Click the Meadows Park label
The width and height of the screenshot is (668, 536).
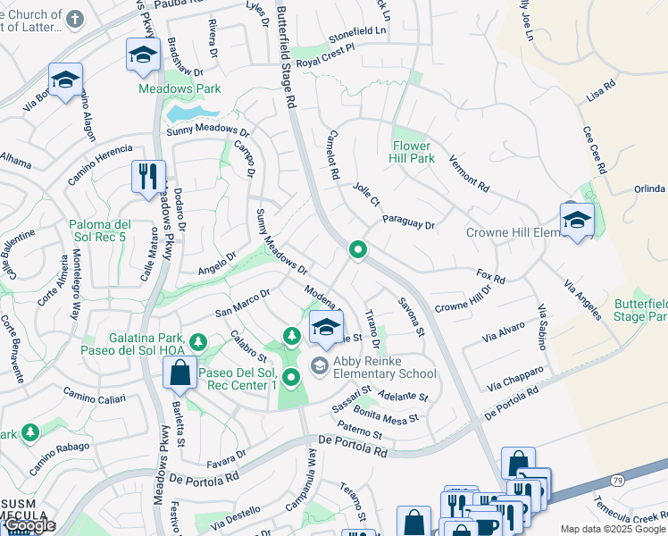coord(179,89)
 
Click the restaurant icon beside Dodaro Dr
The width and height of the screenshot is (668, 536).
coord(148,175)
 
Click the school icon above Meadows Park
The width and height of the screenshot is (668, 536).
coord(142,55)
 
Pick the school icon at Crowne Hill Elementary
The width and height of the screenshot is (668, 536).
coord(577,220)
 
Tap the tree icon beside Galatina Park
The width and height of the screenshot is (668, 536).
coord(197,342)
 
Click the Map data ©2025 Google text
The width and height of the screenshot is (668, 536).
coord(613,529)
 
